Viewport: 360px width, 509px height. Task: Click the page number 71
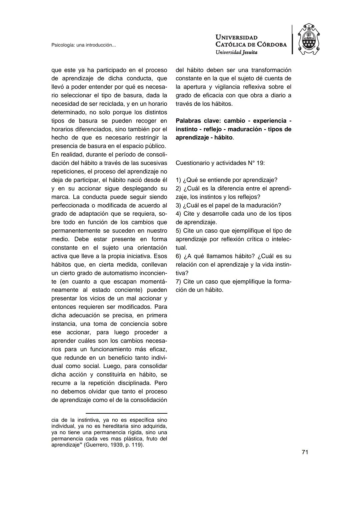click(x=305, y=452)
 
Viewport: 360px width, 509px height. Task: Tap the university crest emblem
click(x=308, y=40)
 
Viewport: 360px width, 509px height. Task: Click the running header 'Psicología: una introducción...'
click(x=84, y=45)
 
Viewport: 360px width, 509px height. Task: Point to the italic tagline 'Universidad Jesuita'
click(x=236, y=52)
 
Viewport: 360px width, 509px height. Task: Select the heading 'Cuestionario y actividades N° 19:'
click(x=220, y=163)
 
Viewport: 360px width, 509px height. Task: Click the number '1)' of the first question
click(x=178, y=180)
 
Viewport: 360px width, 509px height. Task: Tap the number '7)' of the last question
click(x=178, y=282)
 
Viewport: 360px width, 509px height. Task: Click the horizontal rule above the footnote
click(x=126, y=413)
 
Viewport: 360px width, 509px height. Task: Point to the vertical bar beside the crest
click(x=292, y=40)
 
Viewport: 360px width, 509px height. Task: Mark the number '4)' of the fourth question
click(x=178, y=214)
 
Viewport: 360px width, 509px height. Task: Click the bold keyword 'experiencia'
click(x=270, y=121)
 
